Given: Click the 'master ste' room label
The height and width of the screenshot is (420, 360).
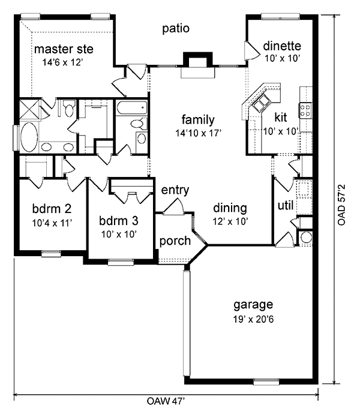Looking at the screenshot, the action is [64, 49].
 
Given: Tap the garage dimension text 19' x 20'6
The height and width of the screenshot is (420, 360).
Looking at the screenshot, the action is [253, 319].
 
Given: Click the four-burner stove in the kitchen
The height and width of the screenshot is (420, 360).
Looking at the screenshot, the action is [305, 110].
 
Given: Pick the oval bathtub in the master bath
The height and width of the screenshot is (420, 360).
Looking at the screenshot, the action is [29, 137].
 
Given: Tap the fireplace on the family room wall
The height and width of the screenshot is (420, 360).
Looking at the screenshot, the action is [197, 65].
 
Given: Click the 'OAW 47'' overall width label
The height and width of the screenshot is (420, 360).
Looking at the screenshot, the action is [166, 401].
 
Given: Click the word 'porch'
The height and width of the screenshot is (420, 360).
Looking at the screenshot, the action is [175, 241].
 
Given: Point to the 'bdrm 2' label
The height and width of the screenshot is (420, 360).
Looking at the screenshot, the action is [52, 209].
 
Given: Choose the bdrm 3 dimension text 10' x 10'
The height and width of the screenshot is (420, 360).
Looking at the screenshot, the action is [119, 235].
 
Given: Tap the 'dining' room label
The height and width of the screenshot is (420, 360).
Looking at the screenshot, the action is [230, 208].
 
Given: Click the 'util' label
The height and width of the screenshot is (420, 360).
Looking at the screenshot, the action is [286, 205].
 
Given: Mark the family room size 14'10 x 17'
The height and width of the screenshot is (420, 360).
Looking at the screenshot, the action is [198, 133].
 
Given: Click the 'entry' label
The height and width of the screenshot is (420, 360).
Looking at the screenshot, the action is [175, 190].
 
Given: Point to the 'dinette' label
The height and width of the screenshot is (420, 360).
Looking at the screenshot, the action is [282, 46].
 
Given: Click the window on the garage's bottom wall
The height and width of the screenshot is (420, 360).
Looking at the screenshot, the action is [266, 382].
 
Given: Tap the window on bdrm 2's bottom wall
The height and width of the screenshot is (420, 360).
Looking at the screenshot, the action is [52, 253].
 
